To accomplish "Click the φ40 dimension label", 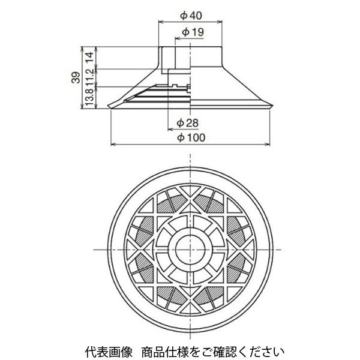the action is pos(191,16).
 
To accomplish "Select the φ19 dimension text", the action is pos(193,32).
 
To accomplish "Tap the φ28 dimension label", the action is pos(187,123).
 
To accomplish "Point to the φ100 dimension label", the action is pos(191,138).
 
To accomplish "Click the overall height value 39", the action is pos(76,77).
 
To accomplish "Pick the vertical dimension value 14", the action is pos(90,58).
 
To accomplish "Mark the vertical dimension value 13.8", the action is pos(90,97).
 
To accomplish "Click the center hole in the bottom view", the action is pos(190,250).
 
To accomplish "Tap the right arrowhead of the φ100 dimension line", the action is pos(267,144).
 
